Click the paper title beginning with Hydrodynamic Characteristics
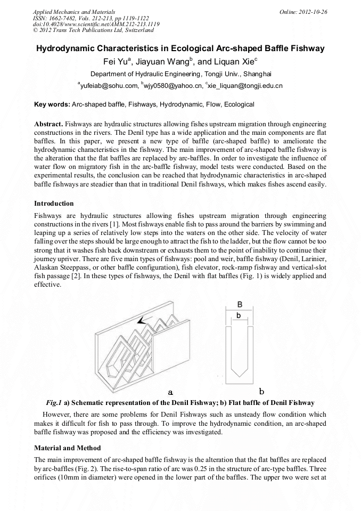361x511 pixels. (180, 48)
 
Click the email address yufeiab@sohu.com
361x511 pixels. (107, 85)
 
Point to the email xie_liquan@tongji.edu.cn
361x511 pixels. (245, 85)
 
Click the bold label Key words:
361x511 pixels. (52, 104)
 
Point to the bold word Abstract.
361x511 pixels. (49, 124)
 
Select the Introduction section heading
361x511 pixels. (54, 204)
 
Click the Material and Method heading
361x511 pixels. (67, 448)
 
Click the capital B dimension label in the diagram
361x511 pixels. (240, 304)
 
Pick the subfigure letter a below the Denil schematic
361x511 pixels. (171, 392)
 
